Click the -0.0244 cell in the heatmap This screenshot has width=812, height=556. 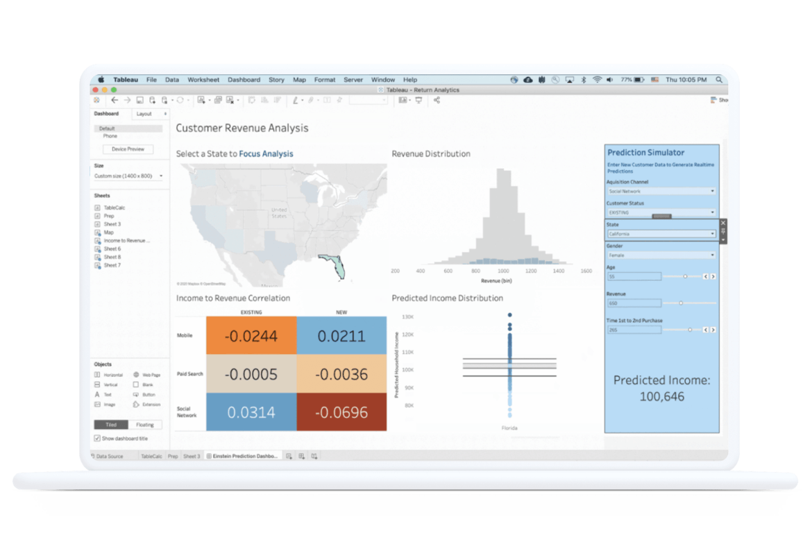coord(251,336)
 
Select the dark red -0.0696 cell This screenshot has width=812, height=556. coord(341,412)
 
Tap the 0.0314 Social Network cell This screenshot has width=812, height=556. coord(251,412)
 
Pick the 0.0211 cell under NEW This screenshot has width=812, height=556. coord(341,336)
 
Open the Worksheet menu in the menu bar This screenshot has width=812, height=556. coord(203,80)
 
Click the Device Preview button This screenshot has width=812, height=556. coord(128,149)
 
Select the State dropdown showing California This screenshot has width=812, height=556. coord(661,234)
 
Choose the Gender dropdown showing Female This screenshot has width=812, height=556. coord(661,255)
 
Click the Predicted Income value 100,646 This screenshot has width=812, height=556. coord(661,397)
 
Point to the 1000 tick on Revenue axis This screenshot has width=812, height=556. coord(503,271)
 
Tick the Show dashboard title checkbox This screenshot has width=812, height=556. coord(97,439)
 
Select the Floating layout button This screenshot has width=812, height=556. coord(145,425)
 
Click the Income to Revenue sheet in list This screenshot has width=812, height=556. coord(126,241)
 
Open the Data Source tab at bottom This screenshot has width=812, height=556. coord(108,457)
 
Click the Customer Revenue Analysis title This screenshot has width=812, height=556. coord(242,128)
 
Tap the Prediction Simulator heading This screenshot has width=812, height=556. coord(645,153)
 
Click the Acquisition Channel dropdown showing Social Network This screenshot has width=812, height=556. coord(661,191)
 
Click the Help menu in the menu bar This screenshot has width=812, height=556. coord(410,80)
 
